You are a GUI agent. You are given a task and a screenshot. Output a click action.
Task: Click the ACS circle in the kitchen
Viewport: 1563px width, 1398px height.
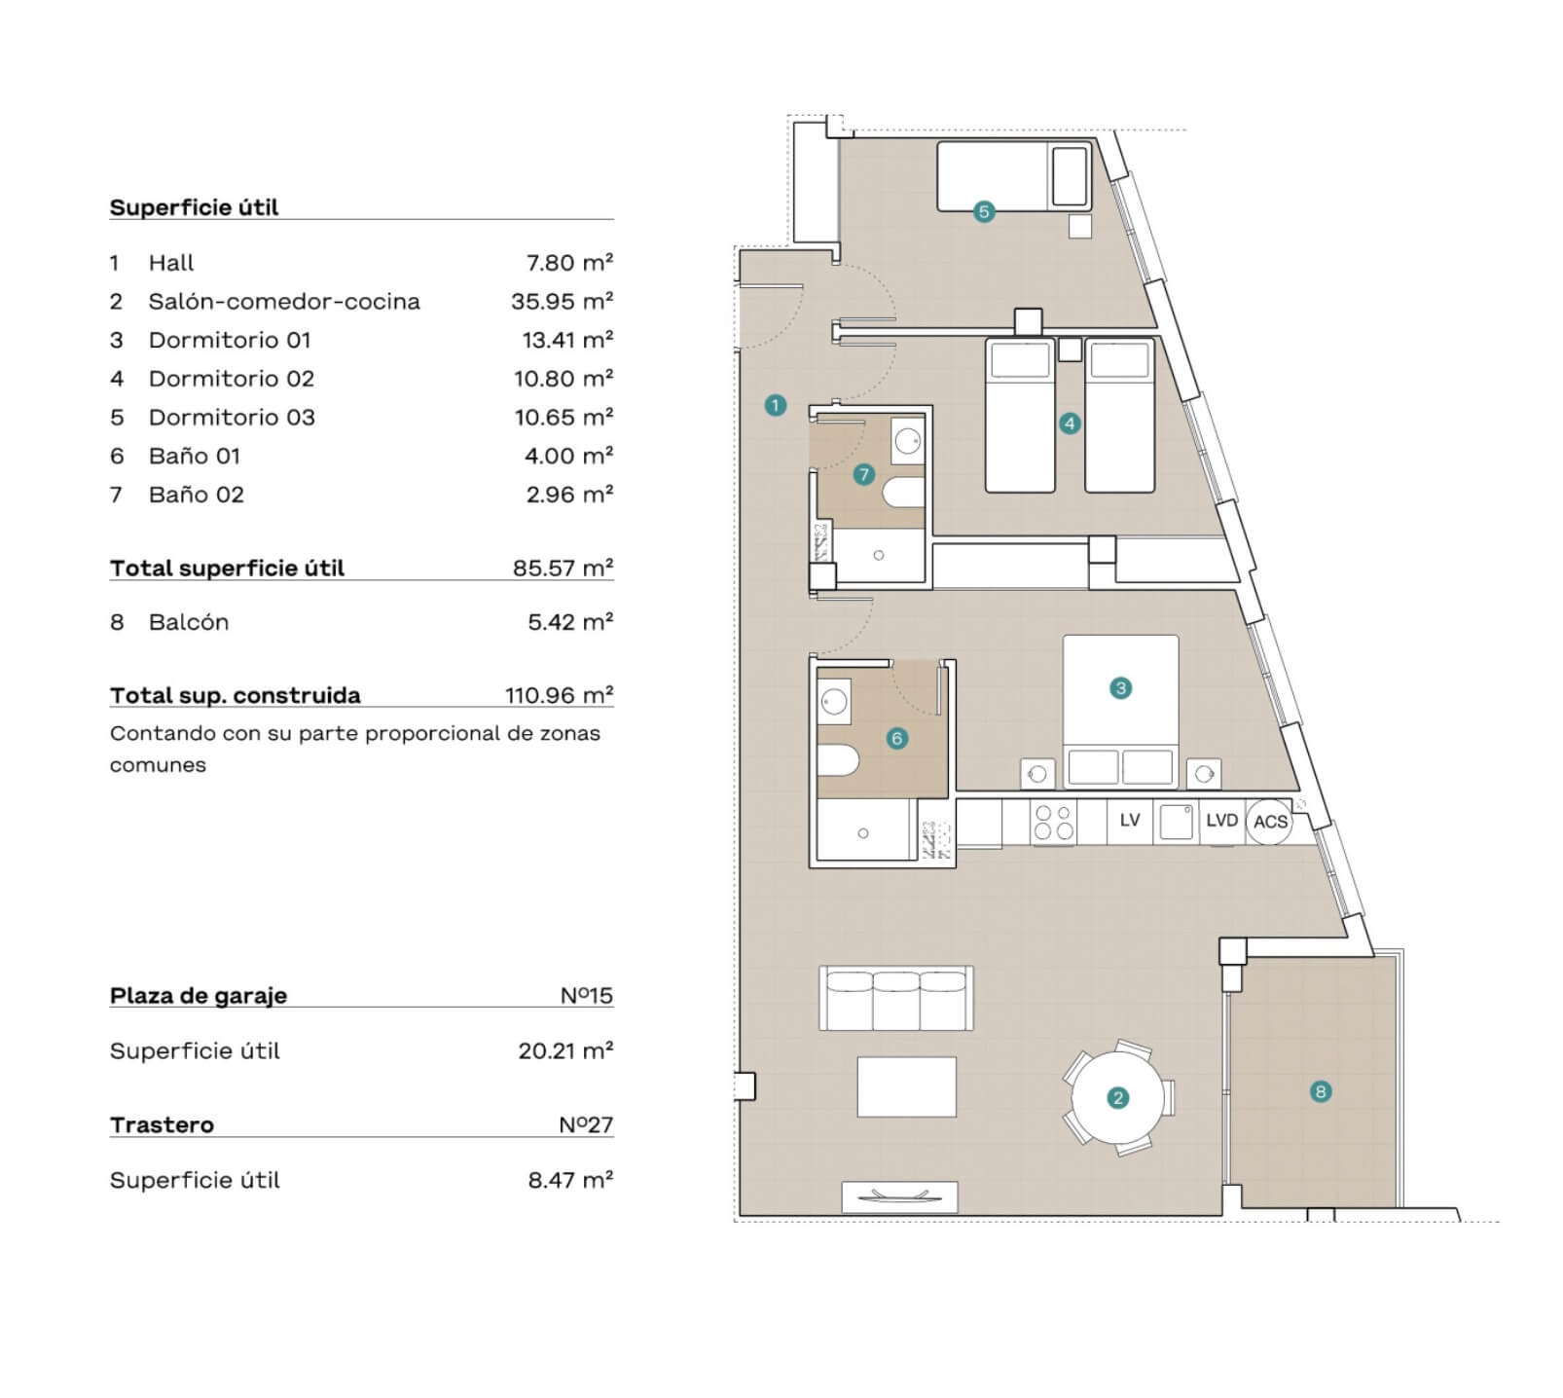pyautogui.click(x=1270, y=822)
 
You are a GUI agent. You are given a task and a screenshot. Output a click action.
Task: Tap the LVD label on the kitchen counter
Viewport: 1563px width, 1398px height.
pyautogui.click(x=1221, y=821)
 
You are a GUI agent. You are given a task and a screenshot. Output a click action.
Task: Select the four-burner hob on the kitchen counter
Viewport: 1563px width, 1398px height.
pyautogui.click(x=1053, y=822)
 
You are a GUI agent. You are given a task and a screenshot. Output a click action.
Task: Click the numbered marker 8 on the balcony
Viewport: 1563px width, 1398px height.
pyautogui.click(x=1321, y=1091)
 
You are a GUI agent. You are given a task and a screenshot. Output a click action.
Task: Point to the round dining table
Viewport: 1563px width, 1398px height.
pyautogui.click(x=1118, y=1098)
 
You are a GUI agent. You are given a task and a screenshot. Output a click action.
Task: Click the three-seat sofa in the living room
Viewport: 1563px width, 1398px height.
pyautogui.click(x=896, y=998)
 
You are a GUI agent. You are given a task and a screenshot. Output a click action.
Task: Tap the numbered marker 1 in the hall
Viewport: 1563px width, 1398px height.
pyautogui.click(x=776, y=405)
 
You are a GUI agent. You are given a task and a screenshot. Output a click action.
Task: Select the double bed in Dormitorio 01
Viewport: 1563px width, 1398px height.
pyautogui.click(x=1120, y=711)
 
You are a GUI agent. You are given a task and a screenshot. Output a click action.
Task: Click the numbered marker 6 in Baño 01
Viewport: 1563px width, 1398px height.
pyautogui.click(x=897, y=739)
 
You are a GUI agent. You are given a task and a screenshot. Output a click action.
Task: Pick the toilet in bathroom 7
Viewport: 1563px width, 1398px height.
pyautogui.click(x=904, y=493)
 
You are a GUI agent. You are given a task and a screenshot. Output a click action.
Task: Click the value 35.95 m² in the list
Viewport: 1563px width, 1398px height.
pyautogui.click(x=562, y=302)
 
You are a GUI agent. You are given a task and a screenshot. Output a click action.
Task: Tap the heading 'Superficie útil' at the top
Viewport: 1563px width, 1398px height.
pyautogui.click(x=194, y=207)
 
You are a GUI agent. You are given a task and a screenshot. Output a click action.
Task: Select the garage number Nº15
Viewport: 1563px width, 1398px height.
pyautogui.click(x=586, y=995)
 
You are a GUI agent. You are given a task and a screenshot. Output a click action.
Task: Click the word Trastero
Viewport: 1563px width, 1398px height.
pyautogui.click(x=162, y=1124)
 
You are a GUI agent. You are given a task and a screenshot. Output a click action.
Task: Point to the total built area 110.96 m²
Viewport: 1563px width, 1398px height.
pyautogui.click(x=559, y=695)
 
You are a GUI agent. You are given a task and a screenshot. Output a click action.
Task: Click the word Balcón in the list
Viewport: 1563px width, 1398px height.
pyautogui.click(x=189, y=622)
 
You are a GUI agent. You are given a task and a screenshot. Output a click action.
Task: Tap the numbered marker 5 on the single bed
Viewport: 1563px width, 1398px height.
pyautogui.click(x=984, y=211)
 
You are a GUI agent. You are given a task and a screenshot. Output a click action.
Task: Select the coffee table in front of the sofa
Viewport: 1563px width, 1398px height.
pyautogui.click(x=907, y=1086)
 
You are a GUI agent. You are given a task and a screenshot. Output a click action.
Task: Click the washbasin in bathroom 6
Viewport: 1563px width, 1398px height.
pyautogui.click(x=834, y=701)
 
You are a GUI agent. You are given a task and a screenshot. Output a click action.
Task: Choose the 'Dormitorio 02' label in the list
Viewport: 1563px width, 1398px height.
pyautogui.click(x=232, y=379)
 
